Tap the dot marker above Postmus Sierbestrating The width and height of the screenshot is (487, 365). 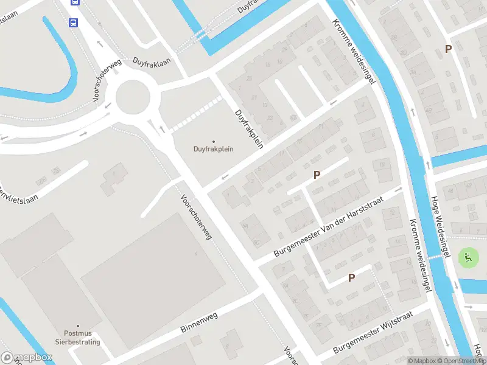pyautogui.click(x=77, y=325)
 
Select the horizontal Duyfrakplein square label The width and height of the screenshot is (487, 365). pyautogui.click(x=213, y=149)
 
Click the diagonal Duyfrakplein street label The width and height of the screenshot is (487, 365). pyautogui.click(x=250, y=126)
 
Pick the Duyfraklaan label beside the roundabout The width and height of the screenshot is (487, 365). pyautogui.click(x=152, y=62)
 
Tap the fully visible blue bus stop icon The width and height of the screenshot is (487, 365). pyautogui.click(x=74, y=23)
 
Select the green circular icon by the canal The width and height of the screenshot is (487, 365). pyautogui.click(x=468, y=257)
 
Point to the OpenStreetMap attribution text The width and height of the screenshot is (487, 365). pyautogui.click(x=463, y=361)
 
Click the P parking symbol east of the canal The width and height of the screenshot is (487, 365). pyautogui.click(x=449, y=49)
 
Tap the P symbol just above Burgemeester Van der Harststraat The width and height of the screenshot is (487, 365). pyautogui.click(x=317, y=175)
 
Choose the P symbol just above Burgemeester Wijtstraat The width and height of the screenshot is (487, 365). pyautogui.click(x=351, y=277)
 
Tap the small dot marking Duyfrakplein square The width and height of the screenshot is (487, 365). pyautogui.click(x=213, y=141)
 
